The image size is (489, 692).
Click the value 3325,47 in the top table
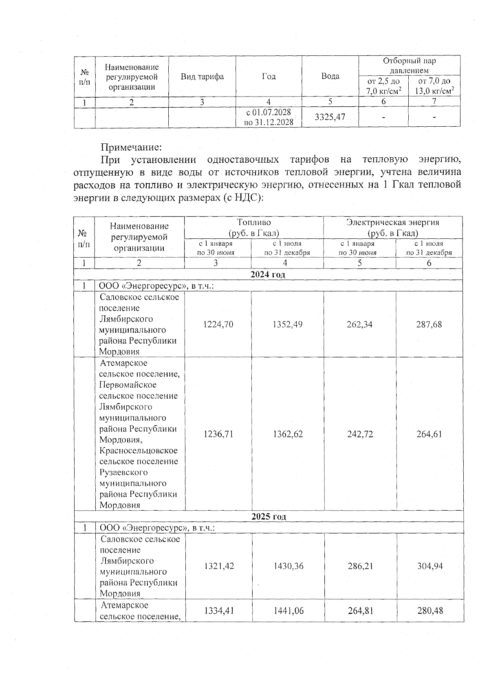click(330, 117)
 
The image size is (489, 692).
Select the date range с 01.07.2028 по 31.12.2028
click(269, 117)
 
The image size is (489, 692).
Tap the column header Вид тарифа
click(202, 77)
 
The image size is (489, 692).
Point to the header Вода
click(330, 76)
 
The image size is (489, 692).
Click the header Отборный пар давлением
click(409, 66)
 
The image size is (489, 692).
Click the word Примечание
click(131, 146)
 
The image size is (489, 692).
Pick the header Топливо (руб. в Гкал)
click(254, 227)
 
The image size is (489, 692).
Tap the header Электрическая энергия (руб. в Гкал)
click(392, 227)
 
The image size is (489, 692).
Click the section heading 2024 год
click(268, 274)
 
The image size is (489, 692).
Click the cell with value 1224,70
click(218, 324)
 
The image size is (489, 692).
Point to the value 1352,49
click(288, 324)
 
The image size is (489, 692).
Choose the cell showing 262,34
click(359, 324)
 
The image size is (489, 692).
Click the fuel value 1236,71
click(218, 434)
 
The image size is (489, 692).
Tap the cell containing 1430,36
click(288, 566)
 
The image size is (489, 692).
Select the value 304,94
click(430, 566)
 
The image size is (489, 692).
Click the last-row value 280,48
click(430, 610)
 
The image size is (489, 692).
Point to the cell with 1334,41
click(219, 610)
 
